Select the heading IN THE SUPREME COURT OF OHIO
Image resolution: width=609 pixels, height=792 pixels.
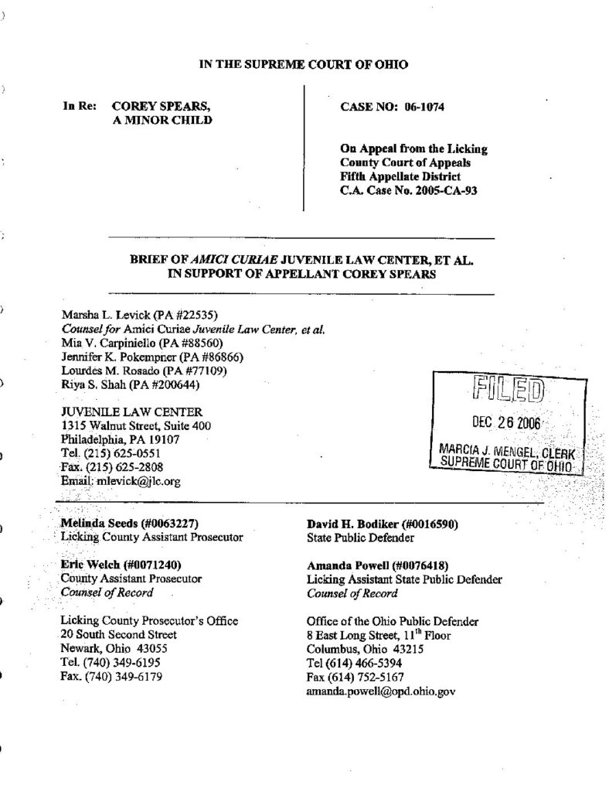click(x=304, y=65)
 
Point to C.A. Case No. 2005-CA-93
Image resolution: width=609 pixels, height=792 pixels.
click(x=408, y=189)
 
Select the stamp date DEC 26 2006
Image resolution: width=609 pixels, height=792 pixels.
click(x=505, y=424)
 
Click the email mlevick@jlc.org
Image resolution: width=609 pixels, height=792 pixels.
click(x=137, y=480)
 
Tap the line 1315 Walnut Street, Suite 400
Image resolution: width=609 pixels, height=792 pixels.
click(x=135, y=425)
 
